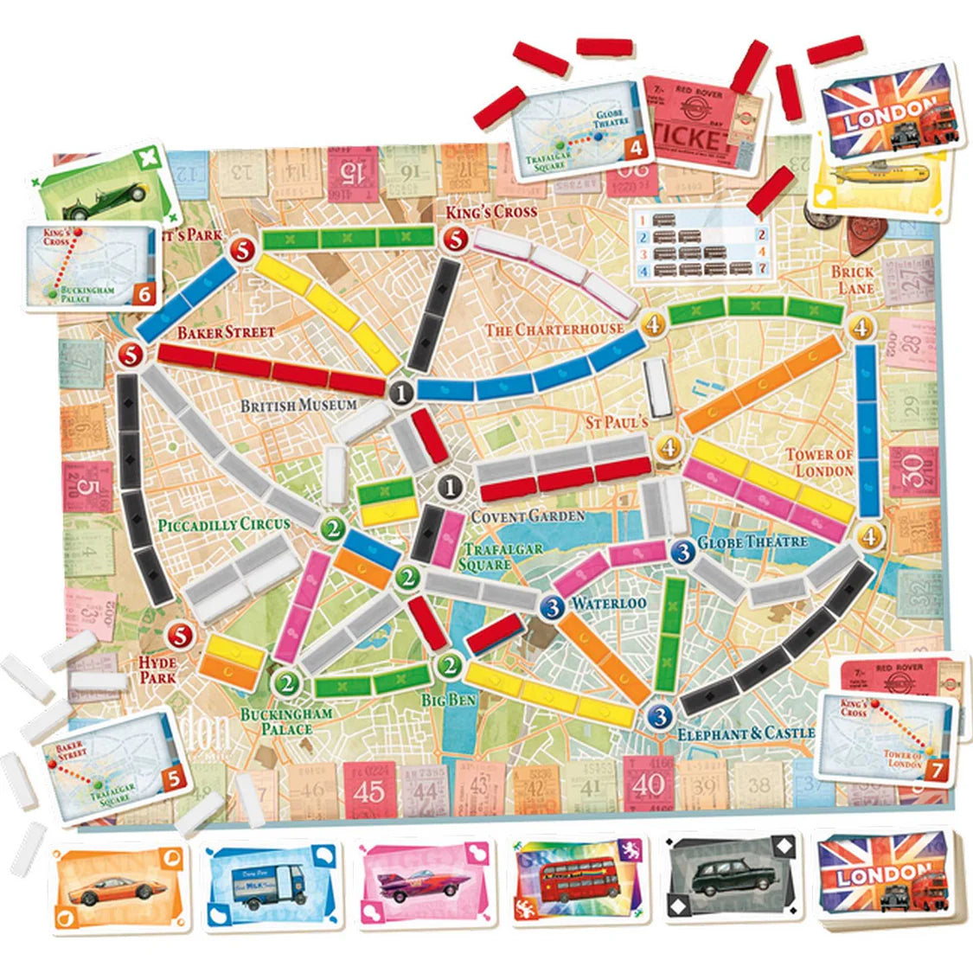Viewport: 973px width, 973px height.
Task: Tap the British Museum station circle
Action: point(400,394)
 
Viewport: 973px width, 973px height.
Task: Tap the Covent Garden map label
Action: point(528,516)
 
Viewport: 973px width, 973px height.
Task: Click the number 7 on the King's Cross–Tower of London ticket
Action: point(931,769)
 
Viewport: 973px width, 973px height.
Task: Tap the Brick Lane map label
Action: point(853,278)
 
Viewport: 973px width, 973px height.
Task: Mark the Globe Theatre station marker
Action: point(683,550)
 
